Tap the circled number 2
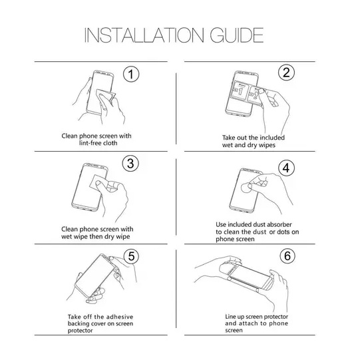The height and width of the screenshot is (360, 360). (287, 73)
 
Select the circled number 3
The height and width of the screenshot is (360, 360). (132, 164)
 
